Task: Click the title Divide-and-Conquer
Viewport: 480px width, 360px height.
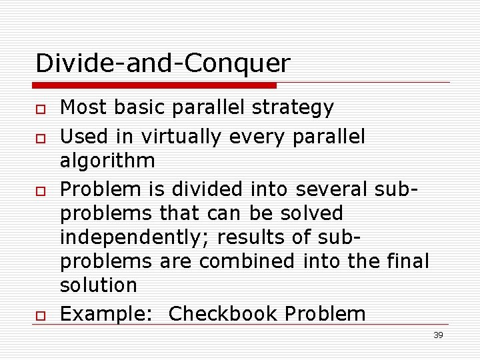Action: coord(163,63)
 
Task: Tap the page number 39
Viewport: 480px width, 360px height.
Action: coord(438,335)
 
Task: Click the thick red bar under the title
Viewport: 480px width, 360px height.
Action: coord(155,85)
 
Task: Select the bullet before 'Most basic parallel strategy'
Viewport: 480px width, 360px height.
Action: coord(41,109)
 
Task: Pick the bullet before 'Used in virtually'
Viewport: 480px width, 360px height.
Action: coord(41,138)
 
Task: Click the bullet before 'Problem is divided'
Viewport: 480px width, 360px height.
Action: coord(41,191)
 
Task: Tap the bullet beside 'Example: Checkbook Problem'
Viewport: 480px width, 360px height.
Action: coord(41,315)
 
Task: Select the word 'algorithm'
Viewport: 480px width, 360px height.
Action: coord(107,161)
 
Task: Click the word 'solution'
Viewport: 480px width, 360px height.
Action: coord(98,285)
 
